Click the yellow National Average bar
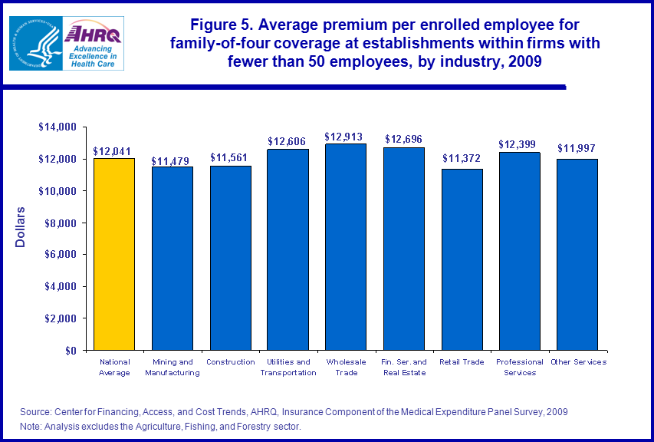pyautogui.click(x=114, y=254)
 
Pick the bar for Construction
pyautogui.click(x=230, y=258)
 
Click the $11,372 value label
pyautogui.click(x=462, y=159)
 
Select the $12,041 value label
pyautogui.click(x=113, y=151)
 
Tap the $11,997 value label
pyautogui.click(x=577, y=148)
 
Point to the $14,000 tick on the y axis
pyautogui.click(x=58, y=127)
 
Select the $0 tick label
pyautogui.click(x=71, y=350)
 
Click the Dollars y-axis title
pyautogui.click(x=22, y=226)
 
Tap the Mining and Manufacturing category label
pyautogui.click(x=173, y=367)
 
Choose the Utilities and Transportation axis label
pyautogui.click(x=288, y=367)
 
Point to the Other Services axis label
pyautogui.click(x=578, y=361)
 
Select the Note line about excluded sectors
pyautogui.click(x=160, y=426)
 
